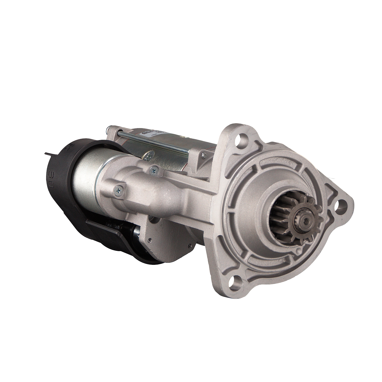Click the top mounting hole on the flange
239,140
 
